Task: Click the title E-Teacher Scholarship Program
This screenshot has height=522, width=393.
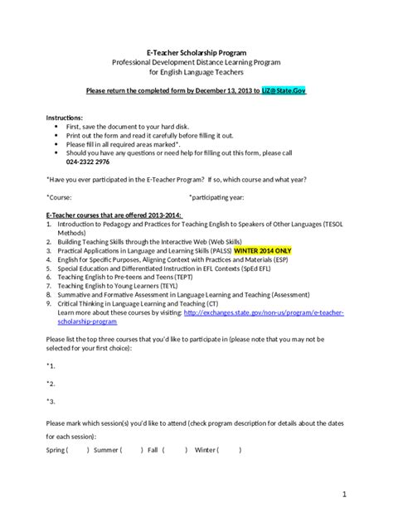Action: coord(196,51)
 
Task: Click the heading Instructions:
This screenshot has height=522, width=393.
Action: coord(64,118)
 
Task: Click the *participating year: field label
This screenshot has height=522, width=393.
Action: coord(216,196)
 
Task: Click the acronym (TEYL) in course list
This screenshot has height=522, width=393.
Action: coord(175,283)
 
